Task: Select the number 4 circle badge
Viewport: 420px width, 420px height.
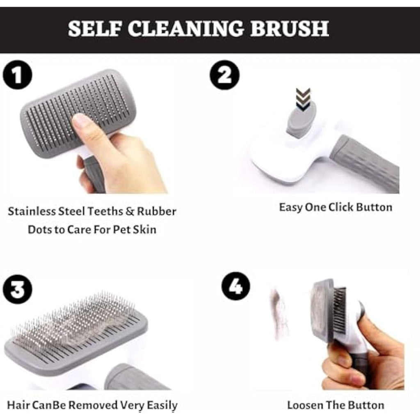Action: pos(235,286)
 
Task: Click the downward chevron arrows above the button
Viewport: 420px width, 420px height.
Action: pos(304,100)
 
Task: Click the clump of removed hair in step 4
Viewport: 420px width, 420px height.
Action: pos(280,312)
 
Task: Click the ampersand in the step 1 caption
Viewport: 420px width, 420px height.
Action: pos(130,212)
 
